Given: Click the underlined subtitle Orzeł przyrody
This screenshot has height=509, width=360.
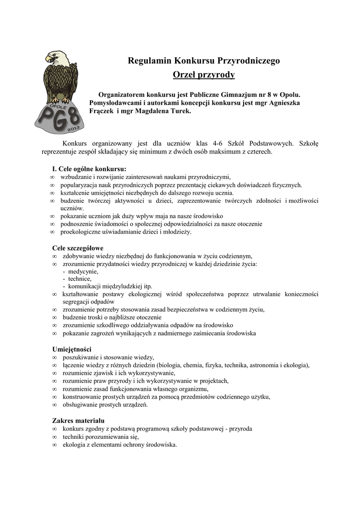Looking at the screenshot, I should click(x=203, y=75).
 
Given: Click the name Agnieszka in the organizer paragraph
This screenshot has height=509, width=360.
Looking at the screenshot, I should click(x=283, y=102).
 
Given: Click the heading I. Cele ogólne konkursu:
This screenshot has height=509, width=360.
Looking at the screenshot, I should click(x=89, y=169).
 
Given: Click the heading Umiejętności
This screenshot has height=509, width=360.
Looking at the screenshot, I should click(x=72, y=349).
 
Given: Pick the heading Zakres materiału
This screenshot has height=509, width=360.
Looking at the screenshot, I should click(x=78, y=421).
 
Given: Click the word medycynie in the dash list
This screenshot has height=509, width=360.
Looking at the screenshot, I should click(x=83, y=271).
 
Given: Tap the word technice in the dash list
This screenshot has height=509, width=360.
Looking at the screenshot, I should click(x=80, y=279).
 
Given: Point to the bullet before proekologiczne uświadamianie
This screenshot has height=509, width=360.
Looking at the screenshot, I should click(x=52, y=232).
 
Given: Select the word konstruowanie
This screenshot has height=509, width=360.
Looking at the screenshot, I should click(x=83, y=397).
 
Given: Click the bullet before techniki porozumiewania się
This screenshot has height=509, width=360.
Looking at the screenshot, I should click(x=53, y=437).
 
